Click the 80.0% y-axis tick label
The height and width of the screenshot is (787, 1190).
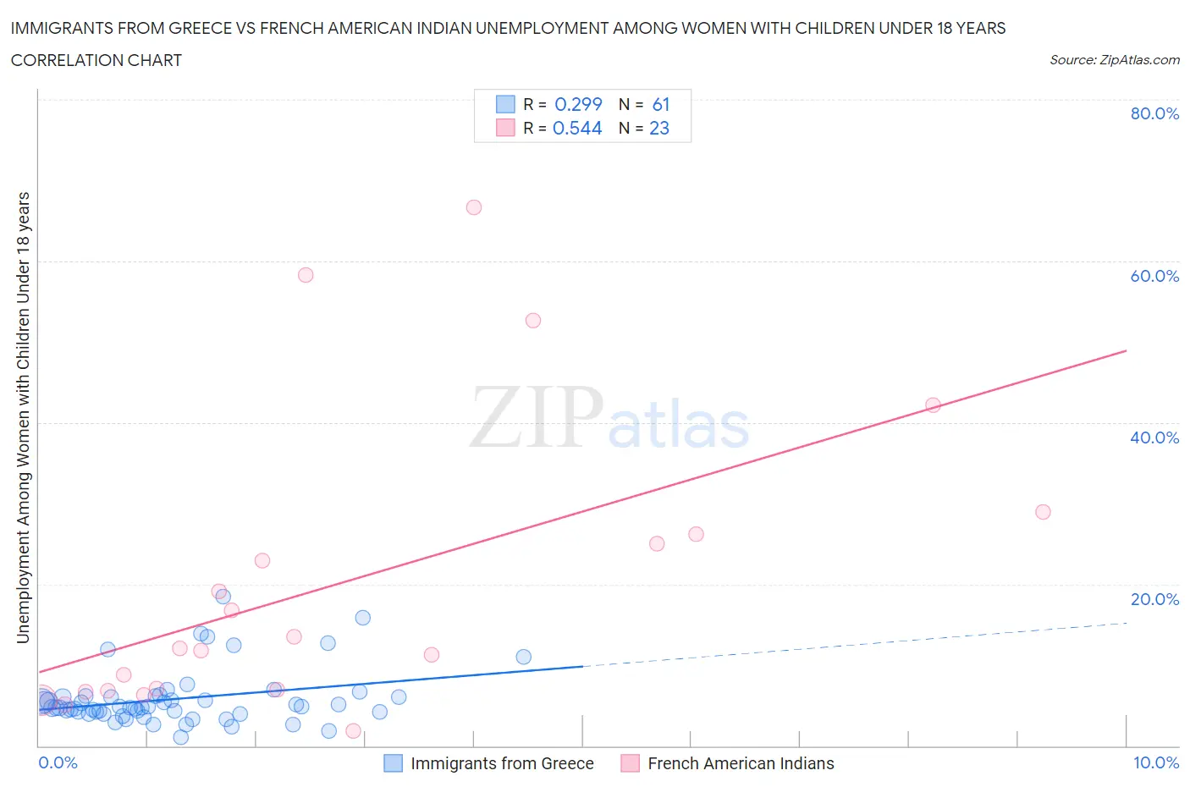point(1154,113)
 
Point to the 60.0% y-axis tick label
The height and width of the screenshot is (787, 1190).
point(1154,276)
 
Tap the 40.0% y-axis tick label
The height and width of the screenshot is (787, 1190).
point(1154,438)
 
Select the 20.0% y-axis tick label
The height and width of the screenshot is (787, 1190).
point(1154,599)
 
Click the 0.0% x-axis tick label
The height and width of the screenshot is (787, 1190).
point(58,762)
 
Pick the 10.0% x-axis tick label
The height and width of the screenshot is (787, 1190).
point(1156,762)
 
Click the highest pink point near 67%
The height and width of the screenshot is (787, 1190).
point(474,207)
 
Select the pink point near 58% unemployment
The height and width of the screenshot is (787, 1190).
point(306,275)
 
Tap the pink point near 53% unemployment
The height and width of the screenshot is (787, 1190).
point(533,321)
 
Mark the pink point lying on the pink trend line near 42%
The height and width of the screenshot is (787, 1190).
point(933,405)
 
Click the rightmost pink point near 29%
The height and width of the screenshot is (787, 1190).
point(1043,512)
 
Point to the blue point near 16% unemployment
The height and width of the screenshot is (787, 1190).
point(362,618)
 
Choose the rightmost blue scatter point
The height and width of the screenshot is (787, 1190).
point(524,657)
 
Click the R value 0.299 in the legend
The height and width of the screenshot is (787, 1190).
point(578,104)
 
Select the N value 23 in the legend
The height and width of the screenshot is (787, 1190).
point(659,128)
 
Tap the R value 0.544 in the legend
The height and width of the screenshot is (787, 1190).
point(577,128)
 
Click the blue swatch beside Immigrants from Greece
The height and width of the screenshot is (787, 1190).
point(393,763)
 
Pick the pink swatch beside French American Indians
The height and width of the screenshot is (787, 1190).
point(630,763)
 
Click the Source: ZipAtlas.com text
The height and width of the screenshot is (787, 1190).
point(1114,60)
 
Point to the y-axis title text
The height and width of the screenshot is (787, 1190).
point(23,417)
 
